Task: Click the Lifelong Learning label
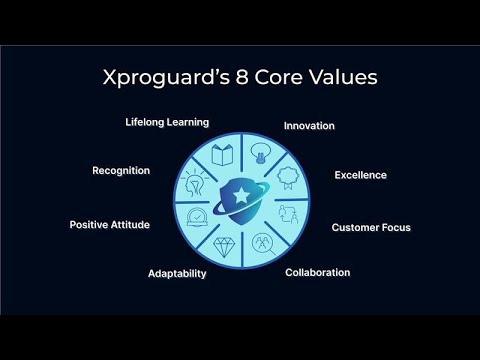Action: (167, 123)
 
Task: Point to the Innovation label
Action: (309, 126)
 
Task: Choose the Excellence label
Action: (360, 176)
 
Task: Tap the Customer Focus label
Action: (371, 227)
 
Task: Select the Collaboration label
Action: (318, 272)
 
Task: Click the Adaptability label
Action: (177, 273)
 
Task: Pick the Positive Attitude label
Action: (110, 225)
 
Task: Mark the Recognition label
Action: (121, 171)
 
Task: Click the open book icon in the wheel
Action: (222, 157)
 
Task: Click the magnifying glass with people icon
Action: (262, 242)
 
